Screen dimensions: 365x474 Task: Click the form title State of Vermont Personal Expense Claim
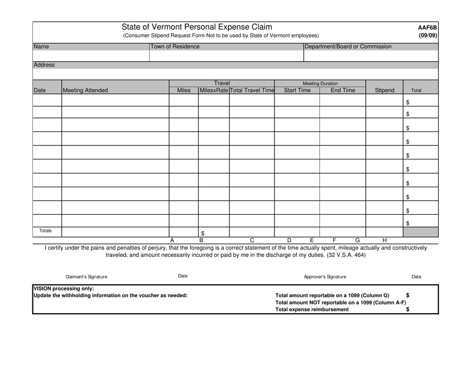point(197,27)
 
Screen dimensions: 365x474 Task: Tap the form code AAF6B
point(428,27)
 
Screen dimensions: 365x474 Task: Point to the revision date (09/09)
point(428,35)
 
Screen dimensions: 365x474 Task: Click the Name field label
point(41,47)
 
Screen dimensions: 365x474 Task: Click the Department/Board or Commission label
point(348,47)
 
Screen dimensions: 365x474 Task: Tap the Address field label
point(44,65)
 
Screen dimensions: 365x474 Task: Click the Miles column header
point(184,91)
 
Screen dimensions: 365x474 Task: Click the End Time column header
point(343,91)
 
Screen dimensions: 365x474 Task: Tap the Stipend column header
point(384,91)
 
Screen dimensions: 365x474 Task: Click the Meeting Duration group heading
point(320,83)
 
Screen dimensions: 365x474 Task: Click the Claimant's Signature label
point(86,276)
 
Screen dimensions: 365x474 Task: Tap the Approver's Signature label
point(325,276)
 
